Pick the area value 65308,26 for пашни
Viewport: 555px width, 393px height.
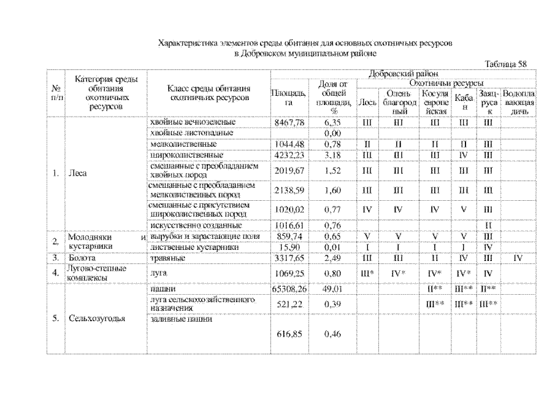coord(288,287)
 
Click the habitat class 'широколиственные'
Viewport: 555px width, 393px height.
coord(180,154)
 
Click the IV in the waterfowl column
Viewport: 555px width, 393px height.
coord(519,257)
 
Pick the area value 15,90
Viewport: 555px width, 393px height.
coord(288,247)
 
